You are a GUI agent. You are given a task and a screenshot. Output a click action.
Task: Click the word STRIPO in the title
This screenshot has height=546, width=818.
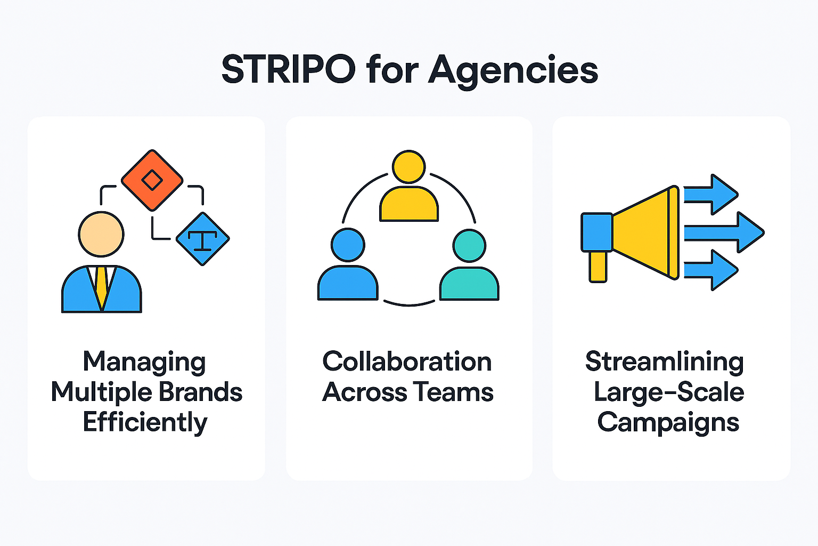[288, 70]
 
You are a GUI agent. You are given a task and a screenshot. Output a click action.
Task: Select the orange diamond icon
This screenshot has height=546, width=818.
[152, 180]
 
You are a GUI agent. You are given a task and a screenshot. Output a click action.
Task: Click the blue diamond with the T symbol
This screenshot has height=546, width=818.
[202, 239]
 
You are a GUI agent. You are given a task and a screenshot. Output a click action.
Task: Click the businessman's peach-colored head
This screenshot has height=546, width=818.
[101, 234]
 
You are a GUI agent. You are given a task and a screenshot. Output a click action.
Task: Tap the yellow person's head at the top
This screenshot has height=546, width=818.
[409, 167]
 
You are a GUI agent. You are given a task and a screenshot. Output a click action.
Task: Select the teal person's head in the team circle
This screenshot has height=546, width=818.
[469, 246]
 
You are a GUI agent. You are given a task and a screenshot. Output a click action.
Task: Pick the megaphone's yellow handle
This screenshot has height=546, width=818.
[598, 266]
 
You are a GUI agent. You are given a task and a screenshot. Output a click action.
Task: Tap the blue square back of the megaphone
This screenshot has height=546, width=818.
[596, 232]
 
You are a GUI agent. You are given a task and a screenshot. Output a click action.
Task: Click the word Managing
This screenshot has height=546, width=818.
[144, 362]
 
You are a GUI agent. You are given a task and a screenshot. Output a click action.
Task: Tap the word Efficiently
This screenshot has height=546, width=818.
[145, 422]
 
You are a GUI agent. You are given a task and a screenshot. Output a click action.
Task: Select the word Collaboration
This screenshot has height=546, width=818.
[407, 362]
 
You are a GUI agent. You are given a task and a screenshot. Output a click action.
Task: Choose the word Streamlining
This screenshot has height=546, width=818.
[664, 362]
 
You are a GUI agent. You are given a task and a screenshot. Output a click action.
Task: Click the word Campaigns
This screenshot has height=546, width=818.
[668, 422]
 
